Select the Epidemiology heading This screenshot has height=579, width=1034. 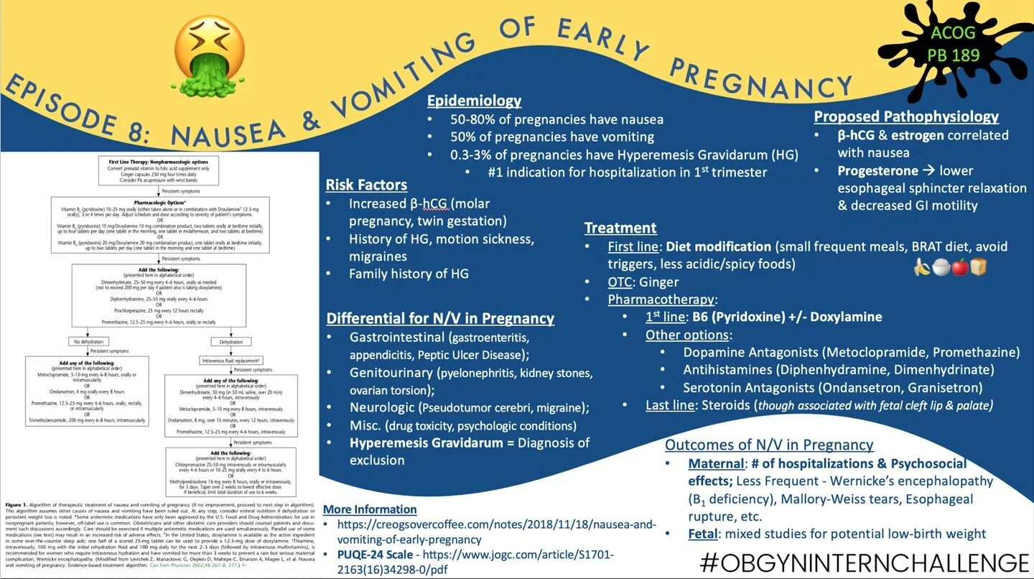474,101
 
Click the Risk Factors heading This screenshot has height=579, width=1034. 366,185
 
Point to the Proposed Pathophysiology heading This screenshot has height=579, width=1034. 906,116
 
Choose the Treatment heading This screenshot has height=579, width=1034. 620,228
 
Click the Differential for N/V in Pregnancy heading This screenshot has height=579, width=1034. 440,318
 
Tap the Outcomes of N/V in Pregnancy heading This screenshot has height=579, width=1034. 769,444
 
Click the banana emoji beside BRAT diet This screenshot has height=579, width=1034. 922,267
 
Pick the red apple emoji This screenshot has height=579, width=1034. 959,267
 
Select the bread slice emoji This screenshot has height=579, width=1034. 978,267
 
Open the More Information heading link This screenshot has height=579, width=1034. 370,509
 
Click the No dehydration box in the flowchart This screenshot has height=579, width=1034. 86,342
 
